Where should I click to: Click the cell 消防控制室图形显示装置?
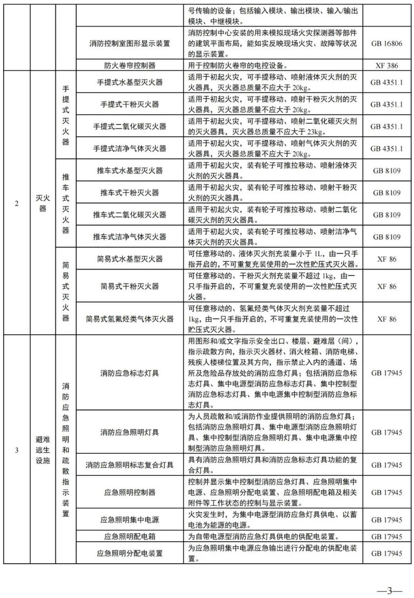(x=130, y=43)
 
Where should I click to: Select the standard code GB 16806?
(x=386, y=43)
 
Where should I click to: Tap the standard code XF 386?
(x=386, y=65)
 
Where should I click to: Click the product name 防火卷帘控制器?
(x=130, y=65)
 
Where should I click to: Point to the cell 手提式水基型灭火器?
(x=130, y=82)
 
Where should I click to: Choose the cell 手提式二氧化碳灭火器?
(x=130, y=126)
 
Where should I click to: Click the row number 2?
(x=17, y=203)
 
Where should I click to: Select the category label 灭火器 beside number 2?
(x=43, y=203)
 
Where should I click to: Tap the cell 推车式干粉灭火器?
(x=130, y=193)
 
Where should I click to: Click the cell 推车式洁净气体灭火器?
(x=130, y=237)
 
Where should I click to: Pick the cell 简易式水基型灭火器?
(x=130, y=259)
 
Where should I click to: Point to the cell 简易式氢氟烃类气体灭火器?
(x=130, y=319)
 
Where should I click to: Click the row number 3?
(x=17, y=450)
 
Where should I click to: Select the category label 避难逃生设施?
(x=43, y=450)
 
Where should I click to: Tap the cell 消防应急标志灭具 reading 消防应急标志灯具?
(x=130, y=373)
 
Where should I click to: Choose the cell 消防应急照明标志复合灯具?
(x=130, y=465)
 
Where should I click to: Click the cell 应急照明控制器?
(x=130, y=492)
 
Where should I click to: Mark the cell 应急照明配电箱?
(x=130, y=537)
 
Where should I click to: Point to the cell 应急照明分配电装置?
(x=130, y=553)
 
